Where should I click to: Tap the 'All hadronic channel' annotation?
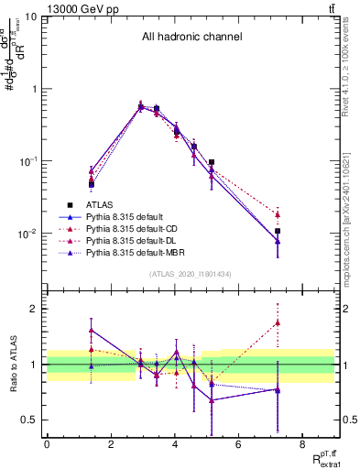pyautogui.click(x=191, y=38)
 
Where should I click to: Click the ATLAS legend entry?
pyautogui.click(x=101, y=205)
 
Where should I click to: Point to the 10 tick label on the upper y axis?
pyautogui.click(x=31, y=17)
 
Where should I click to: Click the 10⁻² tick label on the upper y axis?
pyautogui.click(x=27, y=234)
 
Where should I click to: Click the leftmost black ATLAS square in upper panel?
pyautogui.click(x=92, y=184)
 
